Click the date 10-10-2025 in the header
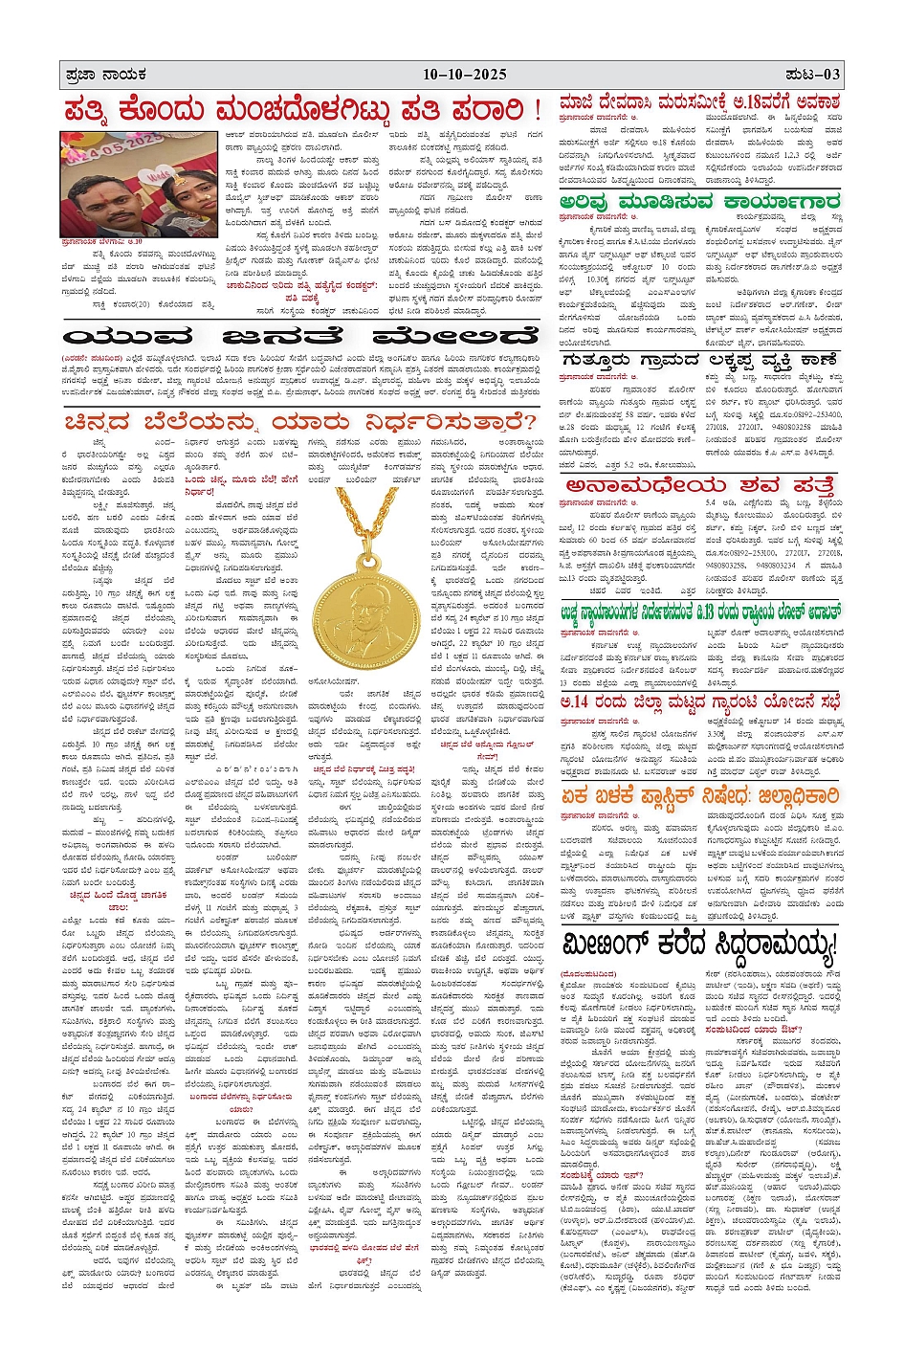point(465,75)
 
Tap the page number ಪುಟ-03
point(812,75)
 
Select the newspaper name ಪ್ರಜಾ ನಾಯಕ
point(105,75)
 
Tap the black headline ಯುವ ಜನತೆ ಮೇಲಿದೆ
point(301,337)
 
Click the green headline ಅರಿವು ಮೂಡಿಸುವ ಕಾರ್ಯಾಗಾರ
point(699,202)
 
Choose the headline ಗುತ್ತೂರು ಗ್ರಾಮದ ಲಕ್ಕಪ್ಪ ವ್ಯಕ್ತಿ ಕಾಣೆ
point(701,361)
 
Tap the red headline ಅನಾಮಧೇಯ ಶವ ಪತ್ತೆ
point(699,485)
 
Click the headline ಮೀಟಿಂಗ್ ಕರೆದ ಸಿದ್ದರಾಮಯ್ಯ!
point(699,945)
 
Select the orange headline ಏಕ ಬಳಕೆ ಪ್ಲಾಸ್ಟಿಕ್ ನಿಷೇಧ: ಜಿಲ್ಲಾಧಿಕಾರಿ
point(699,796)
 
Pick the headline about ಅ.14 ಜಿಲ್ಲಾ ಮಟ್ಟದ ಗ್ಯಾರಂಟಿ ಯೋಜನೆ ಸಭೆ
point(699,701)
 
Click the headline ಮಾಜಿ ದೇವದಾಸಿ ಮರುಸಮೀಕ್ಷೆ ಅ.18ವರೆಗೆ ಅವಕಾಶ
point(699,102)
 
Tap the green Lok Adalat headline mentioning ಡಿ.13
point(699,612)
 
